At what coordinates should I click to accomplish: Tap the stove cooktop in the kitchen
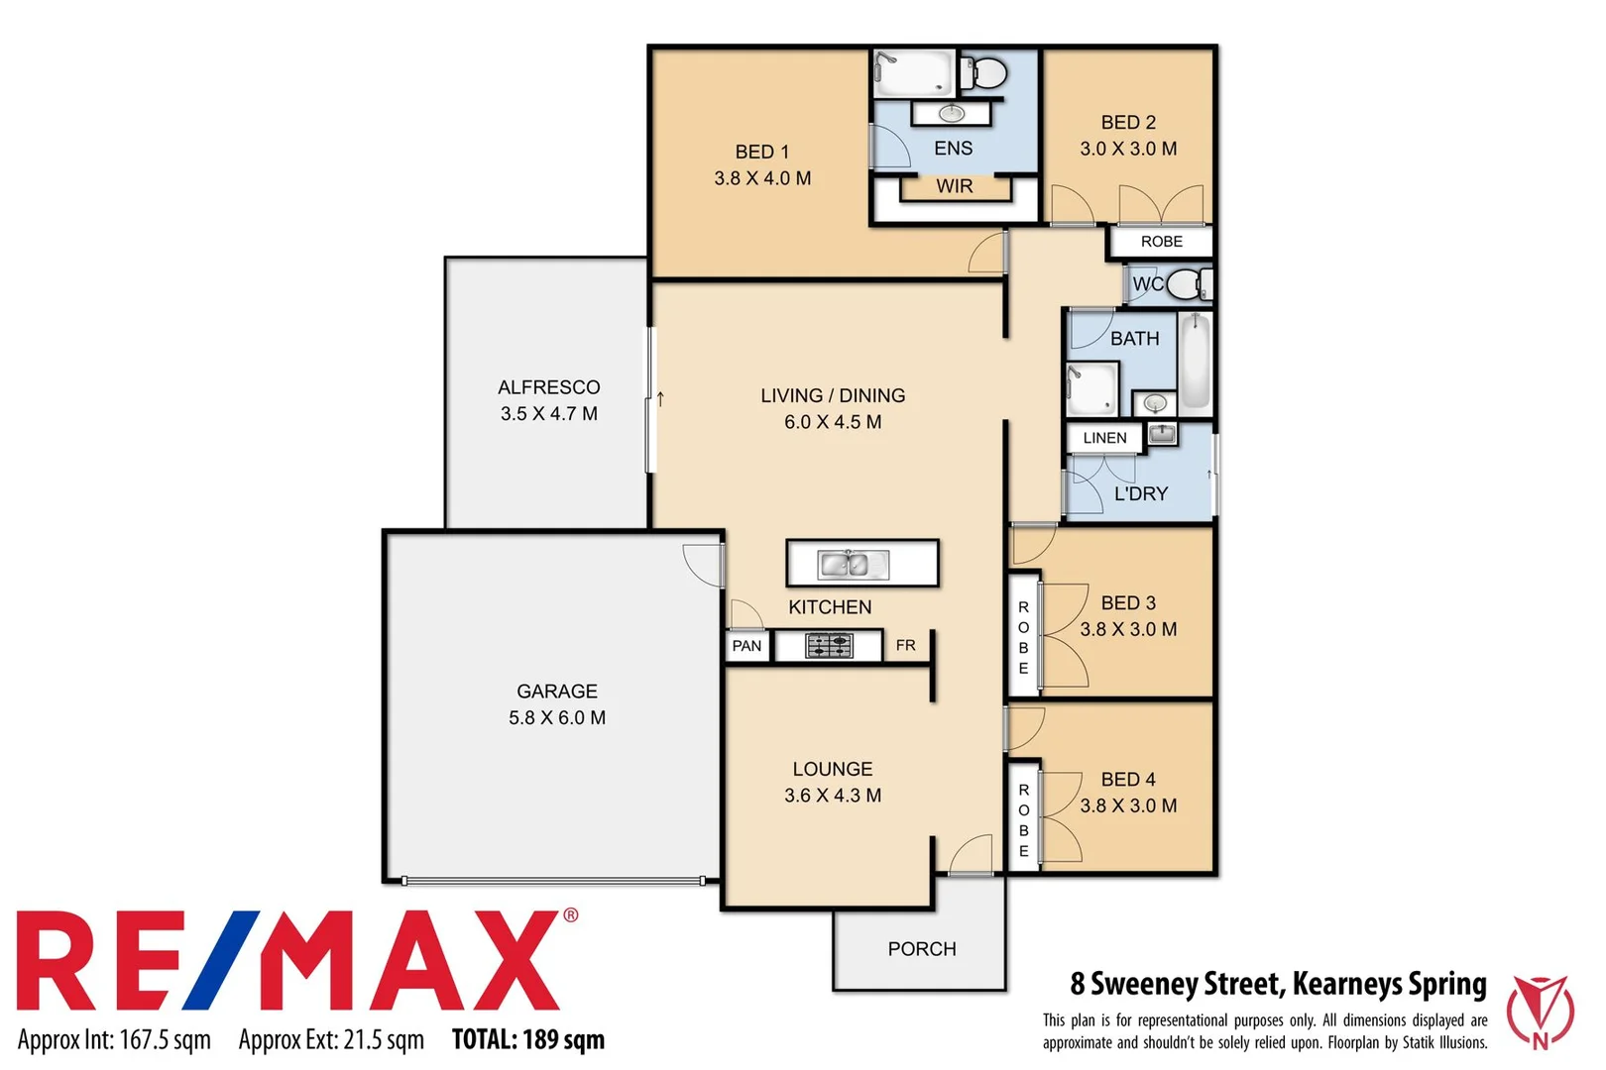coord(829,646)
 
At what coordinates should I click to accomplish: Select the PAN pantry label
coord(746,646)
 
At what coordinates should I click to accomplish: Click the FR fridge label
coord(905,646)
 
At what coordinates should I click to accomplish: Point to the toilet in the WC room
coord(1186,284)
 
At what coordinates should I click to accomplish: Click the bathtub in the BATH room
coord(1195,363)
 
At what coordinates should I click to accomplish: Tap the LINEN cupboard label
coord(1104,438)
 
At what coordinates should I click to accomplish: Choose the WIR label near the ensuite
coord(954,186)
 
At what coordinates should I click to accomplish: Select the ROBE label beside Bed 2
coord(1161,242)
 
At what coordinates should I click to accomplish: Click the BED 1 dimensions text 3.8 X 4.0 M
coord(762,178)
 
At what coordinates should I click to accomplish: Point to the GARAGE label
coord(556,692)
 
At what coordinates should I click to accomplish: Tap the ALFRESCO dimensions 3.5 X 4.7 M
coord(548,414)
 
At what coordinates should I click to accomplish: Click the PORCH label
coord(921,949)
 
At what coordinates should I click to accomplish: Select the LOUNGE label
coord(832,769)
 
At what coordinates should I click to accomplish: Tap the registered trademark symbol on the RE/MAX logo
coord(570,915)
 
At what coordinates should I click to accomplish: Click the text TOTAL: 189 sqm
coord(527,1039)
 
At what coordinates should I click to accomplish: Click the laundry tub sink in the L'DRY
coord(1161,434)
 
